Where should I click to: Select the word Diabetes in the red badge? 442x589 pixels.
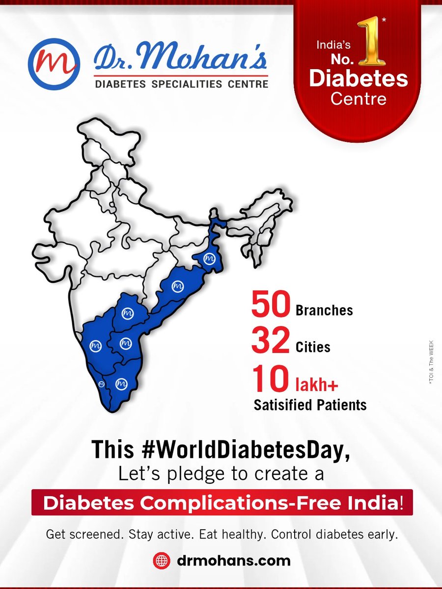359,78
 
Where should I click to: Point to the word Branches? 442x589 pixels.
324,311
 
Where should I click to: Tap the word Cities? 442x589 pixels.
313,348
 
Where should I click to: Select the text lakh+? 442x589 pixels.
316,385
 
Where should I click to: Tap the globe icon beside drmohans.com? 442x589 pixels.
161,560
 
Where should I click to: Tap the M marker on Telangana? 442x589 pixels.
128,313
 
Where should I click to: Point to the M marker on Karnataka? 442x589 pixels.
95,346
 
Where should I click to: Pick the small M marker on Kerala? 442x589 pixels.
102,383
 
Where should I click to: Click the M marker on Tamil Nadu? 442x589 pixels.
121,384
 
